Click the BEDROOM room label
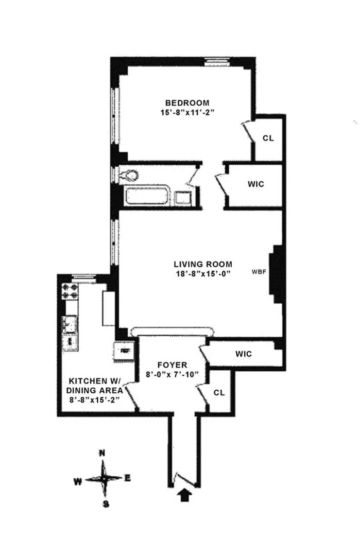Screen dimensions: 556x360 click(184, 102)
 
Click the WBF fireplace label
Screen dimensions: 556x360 click(258, 270)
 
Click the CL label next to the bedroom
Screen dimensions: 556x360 click(268, 138)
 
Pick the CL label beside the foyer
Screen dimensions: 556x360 click(219, 392)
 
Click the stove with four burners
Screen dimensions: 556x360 click(70, 293)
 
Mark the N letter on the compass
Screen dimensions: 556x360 click(102, 453)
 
